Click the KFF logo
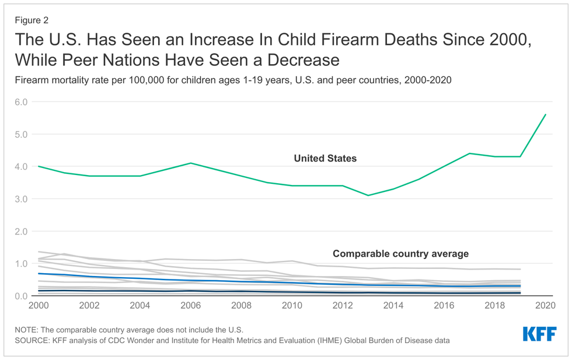pyautogui.click(x=539, y=334)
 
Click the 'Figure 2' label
pyautogui.click(x=32, y=20)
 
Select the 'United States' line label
pyautogui.click(x=325, y=158)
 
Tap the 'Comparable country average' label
pyautogui.click(x=400, y=254)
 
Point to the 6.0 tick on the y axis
pyautogui.click(x=23, y=102)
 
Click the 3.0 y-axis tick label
pyautogui.click(x=23, y=199)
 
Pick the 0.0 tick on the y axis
pyautogui.click(x=23, y=296)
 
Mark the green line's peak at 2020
pyautogui.click(x=545, y=114)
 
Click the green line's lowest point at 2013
pyautogui.click(x=368, y=195)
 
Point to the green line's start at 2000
pyautogui.click(x=39, y=166)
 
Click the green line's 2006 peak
pyautogui.click(x=190, y=163)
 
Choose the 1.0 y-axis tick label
pyautogui.click(x=23, y=264)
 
